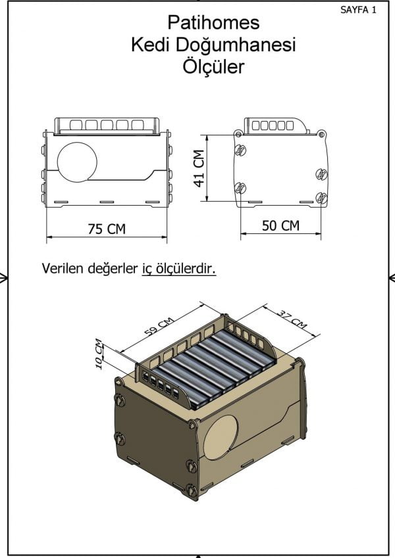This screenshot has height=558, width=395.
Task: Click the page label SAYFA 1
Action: pyautogui.click(x=359, y=10)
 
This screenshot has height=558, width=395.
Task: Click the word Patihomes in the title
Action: pyautogui.click(x=213, y=23)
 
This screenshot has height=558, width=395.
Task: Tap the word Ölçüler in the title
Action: pyautogui.click(x=213, y=66)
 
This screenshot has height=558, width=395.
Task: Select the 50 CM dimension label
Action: pyautogui.click(x=280, y=225)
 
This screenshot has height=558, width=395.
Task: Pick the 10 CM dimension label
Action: pyautogui.click(x=98, y=354)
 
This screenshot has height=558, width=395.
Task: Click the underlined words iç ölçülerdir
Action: pyautogui.click(x=179, y=269)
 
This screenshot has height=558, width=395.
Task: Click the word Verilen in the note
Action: pyautogui.click(x=62, y=269)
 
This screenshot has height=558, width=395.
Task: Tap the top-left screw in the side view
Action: pyautogui.click(x=240, y=150)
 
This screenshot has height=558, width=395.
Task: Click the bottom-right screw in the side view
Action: pyautogui.click(x=321, y=197)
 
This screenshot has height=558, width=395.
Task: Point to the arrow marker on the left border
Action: pyautogui.click(x=4, y=278)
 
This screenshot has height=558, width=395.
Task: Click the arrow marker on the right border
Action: pyautogui.click(x=391, y=278)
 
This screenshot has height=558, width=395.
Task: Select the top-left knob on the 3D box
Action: pyautogui.click(x=120, y=398)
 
